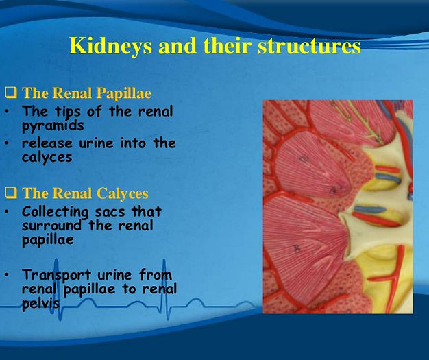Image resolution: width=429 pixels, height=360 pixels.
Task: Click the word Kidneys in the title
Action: click(x=110, y=46)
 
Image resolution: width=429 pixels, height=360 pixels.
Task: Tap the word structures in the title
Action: click(x=309, y=46)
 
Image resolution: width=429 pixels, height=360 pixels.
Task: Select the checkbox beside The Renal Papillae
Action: click(x=11, y=93)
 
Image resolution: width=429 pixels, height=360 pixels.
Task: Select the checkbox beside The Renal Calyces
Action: click(x=11, y=193)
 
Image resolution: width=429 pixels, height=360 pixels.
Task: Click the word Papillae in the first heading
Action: click(x=123, y=93)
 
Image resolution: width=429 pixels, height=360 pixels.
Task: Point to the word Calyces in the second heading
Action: click(x=122, y=193)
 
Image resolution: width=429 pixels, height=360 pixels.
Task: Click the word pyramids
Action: click(x=53, y=125)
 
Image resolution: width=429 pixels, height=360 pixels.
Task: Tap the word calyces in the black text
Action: click(x=47, y=158)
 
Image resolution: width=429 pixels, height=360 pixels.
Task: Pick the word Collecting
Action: click(x=56, y=212)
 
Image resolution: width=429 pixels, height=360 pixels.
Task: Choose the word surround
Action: click(x=51, y=226)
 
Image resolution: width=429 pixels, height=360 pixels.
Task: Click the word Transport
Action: click(x=57, y=275)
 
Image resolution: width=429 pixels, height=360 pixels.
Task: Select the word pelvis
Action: click(x=40, y=303)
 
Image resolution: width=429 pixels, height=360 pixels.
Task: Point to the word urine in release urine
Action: click(x=96, y=143)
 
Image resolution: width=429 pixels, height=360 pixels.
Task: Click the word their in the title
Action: click(x=227, y=46)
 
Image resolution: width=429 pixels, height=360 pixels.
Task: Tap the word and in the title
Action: click(x=177, y=46)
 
